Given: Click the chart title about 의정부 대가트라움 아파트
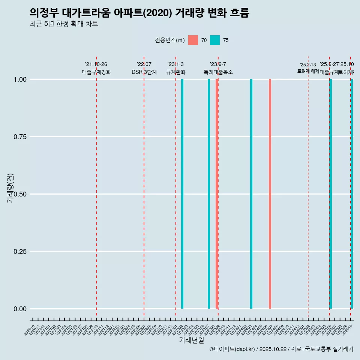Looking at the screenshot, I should click(x=139, y=13).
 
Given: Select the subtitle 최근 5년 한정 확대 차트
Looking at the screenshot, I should click(x=64, y=24).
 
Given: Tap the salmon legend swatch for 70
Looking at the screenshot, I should click(x=193, y=40).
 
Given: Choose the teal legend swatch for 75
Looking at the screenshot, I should click(x=215, y=40).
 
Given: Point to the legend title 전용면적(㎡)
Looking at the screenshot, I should click(x=169, y=40).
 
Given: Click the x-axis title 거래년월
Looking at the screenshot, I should click(x=191, y=340).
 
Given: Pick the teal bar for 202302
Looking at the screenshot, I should click(x=182, y=194).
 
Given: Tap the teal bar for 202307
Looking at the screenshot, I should click(x=209, y=194).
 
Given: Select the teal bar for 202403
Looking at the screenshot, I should click(x=251, y=194).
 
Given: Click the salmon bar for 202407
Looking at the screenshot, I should click(x=270, y=194).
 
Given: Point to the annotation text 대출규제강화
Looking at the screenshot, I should click(x=96, y=72).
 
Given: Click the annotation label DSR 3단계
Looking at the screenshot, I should click(x=144, y=72).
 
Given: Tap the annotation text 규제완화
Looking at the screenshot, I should click(x=176, y=72).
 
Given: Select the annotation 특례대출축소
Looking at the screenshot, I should click(x=218, y=72).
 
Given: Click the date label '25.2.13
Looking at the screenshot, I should click(x=308, y=65).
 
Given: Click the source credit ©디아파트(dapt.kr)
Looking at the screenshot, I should click(x=232, y=349).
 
